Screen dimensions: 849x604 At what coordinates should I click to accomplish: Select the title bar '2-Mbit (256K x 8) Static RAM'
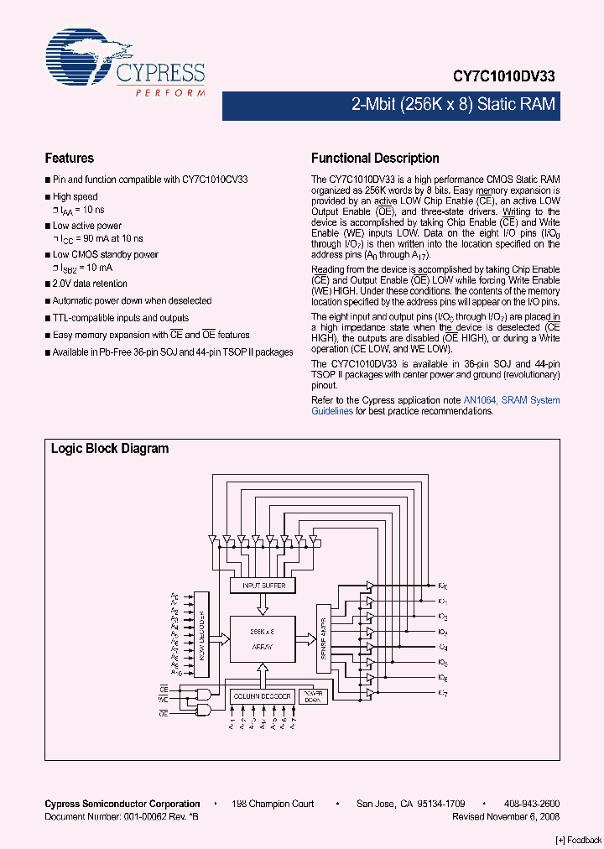tap(453, 106)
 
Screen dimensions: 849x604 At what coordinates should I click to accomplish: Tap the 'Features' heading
tap(69, 158)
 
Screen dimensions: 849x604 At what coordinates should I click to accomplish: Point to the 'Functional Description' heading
tap(375, 158)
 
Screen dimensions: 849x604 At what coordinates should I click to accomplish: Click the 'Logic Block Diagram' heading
tap(110, 449)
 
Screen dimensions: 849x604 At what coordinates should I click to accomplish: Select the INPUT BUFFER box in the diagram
tap(263, 585)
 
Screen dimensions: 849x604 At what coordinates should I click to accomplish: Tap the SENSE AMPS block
tap(323, 638)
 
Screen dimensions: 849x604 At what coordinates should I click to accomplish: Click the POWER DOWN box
tap(312, 697)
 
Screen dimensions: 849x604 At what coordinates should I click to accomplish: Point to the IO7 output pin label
tap(443, 692)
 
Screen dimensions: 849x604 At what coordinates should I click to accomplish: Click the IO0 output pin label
tap(443, 586)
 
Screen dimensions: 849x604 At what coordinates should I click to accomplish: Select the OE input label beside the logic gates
tap(164, 712)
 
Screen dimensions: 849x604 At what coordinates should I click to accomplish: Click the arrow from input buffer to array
tap(263, 603)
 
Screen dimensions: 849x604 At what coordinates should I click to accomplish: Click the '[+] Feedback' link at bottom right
tap(579, 840)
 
